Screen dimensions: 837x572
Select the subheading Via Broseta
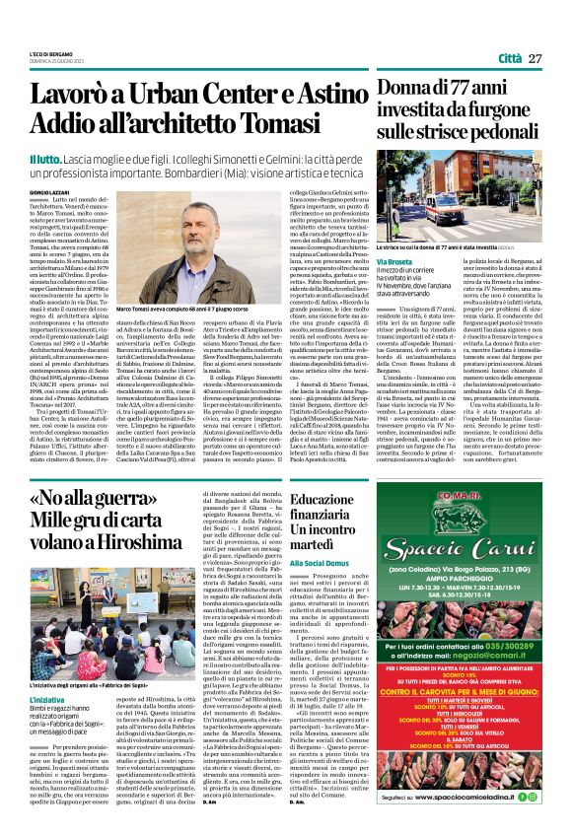click(x=393, y=262)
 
